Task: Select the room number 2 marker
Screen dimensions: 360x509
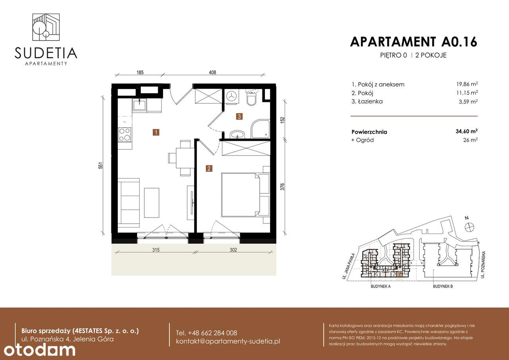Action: [209, 169]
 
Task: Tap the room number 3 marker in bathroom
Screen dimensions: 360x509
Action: [239, 117]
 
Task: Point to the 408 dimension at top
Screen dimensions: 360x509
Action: [213, 73]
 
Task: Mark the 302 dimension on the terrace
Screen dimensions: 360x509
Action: [233, 250]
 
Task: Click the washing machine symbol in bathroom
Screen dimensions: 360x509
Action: [232, 96]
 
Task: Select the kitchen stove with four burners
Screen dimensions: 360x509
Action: [125, 134]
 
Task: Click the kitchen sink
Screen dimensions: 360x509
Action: [140, 105]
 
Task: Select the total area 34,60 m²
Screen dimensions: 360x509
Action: [466, 131]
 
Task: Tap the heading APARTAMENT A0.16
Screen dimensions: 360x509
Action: [413, 42]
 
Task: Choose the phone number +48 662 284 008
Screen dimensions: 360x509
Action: [206, 333]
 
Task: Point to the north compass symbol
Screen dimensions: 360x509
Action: [470, 226]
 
